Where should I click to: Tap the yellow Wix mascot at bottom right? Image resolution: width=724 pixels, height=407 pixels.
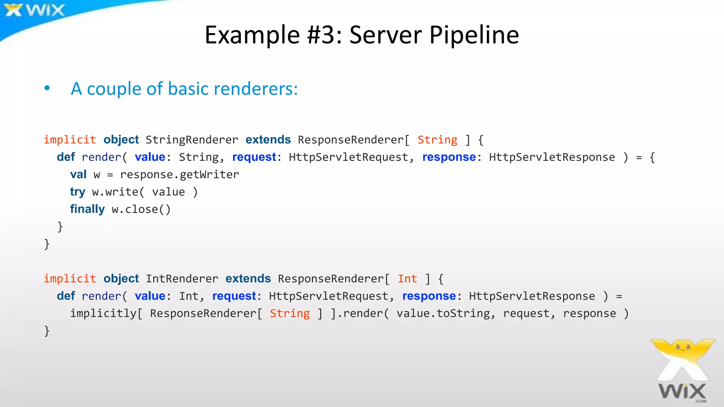click(682, 357)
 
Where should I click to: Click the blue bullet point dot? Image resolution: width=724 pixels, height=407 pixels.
click(47, 88)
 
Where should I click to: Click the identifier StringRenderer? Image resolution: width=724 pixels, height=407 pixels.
click(192, 140)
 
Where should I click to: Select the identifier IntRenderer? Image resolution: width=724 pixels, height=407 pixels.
click(182, 279)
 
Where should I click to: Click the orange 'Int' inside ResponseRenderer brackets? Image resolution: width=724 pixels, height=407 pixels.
click(407, 279)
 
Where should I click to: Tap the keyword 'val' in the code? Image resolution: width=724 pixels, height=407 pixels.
click(78, 175)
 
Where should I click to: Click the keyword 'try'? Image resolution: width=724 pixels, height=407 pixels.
click(77, 192)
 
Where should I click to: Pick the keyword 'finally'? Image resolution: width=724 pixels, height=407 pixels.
click(87, 209)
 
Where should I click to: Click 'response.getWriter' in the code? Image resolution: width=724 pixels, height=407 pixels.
click(180, 175)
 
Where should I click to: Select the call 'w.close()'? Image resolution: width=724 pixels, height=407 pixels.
click(141, 209)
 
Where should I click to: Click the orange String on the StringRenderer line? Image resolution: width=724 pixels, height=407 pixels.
click(437, 140)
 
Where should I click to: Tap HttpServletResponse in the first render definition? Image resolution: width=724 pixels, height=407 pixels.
click(551, 157)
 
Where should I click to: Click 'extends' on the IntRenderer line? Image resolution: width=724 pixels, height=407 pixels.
click(248, 279)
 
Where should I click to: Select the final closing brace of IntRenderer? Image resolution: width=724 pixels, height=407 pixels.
click(47, 331)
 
